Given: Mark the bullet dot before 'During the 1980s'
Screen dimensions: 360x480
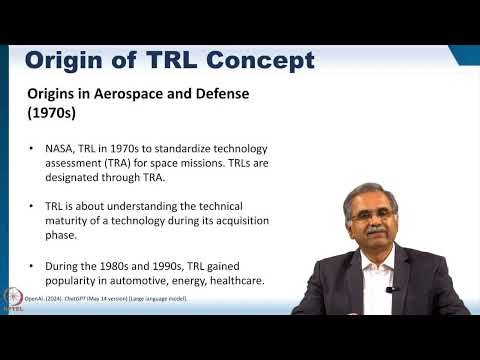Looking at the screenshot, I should click(x=33, y=267).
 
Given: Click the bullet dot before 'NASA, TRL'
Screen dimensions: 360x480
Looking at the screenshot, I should click(x=33, y=149).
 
